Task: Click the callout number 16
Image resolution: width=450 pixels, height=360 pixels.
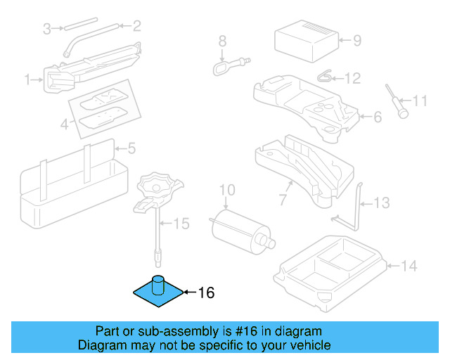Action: click(205, 293)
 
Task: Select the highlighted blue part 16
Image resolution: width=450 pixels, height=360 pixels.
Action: click(158, 291)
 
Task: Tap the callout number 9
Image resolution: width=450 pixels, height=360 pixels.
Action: click(356, 41)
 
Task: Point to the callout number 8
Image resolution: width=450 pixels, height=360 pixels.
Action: click(221, 41)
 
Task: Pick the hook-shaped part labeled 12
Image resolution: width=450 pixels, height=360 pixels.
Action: click(324, 76)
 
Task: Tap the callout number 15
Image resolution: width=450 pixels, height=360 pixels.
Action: click(181, 224)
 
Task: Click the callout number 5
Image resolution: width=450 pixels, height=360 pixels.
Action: click(131, 148)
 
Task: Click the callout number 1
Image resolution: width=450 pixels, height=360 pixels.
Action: click(28, 80)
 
